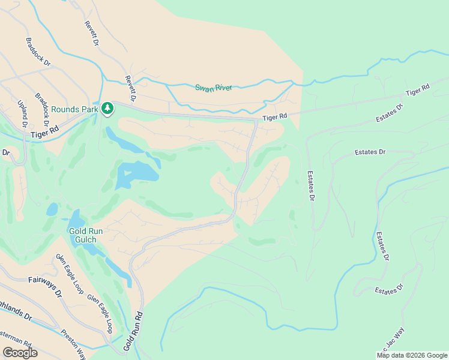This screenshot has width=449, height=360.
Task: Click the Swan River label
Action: (213, 88)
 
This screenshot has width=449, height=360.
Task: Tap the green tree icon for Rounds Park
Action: (107, 108)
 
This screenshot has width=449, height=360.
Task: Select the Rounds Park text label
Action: (74, 109)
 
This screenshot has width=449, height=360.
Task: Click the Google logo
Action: (20, 353)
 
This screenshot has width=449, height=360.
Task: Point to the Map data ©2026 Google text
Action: (412, 355)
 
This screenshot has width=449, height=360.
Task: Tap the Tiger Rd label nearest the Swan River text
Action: (275, 116)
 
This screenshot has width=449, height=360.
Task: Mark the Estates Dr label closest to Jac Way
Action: (385, 291)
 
